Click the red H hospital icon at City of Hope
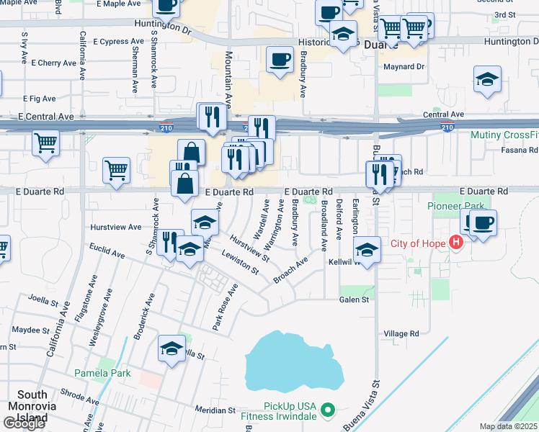point(455,243)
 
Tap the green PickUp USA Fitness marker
point(329,411)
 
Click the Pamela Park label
point(102,373)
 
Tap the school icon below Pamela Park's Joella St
point(171,349)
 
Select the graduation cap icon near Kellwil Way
point(367,250)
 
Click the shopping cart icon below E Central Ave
point(45,143)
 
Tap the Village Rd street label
point(401,333)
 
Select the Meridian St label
point(215,410)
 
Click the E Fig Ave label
point(39,99)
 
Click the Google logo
point(24,423)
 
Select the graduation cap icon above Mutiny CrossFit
point(487,80)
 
